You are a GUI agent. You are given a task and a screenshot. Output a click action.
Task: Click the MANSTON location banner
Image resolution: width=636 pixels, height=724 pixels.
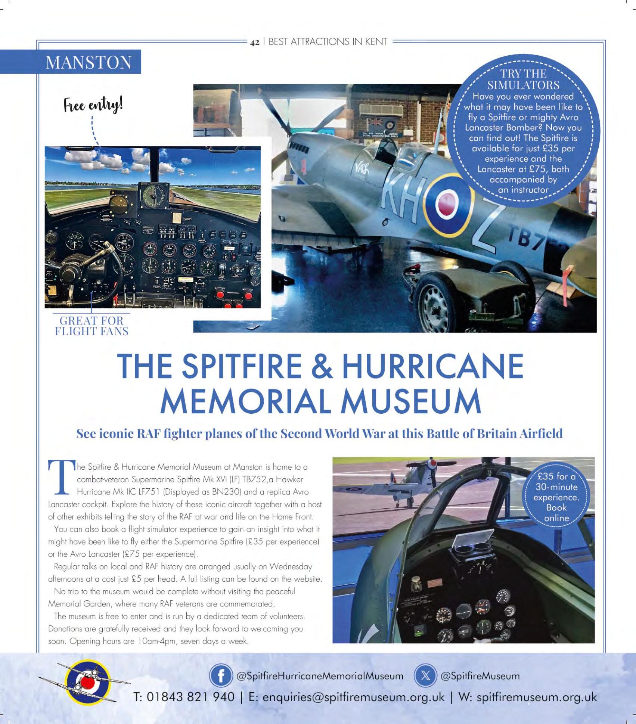(89, 62)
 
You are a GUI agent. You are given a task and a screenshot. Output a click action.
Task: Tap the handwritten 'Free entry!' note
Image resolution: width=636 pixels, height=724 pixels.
(93, 105)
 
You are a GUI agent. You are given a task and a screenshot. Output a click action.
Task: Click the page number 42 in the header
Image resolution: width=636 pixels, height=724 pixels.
(254, 42)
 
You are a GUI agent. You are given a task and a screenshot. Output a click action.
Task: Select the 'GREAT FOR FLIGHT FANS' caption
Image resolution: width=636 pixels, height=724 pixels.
(91, 326)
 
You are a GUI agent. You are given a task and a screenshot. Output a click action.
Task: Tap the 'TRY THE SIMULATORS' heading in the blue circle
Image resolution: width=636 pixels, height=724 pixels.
(523, 79)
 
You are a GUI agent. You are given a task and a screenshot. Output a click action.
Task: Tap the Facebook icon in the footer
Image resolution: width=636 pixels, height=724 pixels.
(221, 675)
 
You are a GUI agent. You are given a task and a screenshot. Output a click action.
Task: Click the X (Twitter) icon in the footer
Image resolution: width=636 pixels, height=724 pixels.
(425, 675)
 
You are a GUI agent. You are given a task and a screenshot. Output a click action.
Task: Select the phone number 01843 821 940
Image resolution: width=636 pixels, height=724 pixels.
(190, 697)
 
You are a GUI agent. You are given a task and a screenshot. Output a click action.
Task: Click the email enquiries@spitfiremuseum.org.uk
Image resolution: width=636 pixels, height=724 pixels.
(353, 697)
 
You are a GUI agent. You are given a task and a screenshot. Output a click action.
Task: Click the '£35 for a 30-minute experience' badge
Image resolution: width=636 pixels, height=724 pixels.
(556, 497)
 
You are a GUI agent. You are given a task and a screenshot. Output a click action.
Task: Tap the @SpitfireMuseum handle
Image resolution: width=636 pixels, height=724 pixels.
(480, 676)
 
